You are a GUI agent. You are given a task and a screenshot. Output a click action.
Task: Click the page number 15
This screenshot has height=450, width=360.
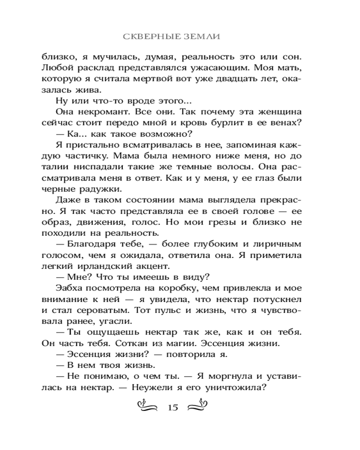coord(173,408)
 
